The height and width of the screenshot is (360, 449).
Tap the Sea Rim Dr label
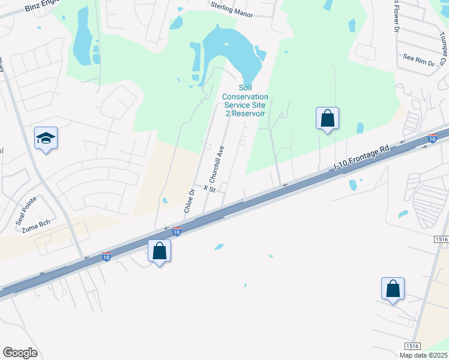click(418, 58)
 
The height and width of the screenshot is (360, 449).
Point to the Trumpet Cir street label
click(442, 48)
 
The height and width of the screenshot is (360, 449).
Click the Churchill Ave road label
click(216, 164)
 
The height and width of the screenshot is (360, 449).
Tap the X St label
click(209, 188)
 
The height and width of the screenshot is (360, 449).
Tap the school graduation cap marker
click(46, 139)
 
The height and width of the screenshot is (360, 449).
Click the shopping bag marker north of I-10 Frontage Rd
click(327, 118)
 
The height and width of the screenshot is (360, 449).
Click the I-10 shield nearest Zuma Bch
click(106, 256)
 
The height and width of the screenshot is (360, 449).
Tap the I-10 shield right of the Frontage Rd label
click(432, 139)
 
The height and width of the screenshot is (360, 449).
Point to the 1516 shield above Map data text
click(412, 346)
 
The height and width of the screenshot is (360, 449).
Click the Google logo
click(20, 353)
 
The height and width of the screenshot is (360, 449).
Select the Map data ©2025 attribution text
click(423, 355)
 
